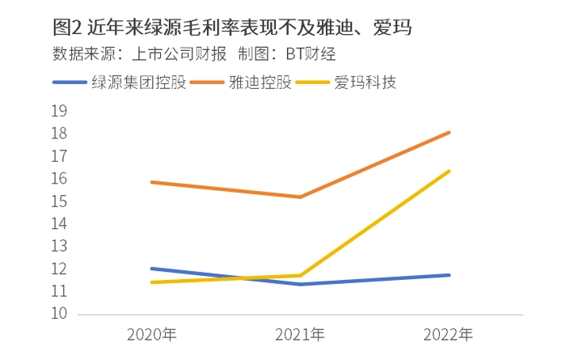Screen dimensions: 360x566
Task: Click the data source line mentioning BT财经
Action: [193, 55]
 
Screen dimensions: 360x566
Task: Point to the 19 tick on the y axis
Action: [58, 112]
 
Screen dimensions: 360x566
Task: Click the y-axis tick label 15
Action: [58, 201]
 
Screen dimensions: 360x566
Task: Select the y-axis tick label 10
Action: [58, 314]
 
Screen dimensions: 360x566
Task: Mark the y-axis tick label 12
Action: [58, 269]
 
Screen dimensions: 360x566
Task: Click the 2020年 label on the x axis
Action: [152, 334]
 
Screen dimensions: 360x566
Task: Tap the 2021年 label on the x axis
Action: [300, 334]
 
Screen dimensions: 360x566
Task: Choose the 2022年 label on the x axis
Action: [449, 334]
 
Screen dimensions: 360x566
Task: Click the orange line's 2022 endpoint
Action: [449, 132]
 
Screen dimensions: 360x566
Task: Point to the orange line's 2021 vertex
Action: [300, 197]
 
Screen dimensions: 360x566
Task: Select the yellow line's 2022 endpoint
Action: [449, 171]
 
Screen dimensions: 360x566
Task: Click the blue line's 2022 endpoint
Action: [449, 275]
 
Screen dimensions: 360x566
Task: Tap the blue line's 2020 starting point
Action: [152, 269]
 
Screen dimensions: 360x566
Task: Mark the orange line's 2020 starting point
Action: [152, 182]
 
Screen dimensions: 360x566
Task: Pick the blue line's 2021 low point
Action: [300, 284]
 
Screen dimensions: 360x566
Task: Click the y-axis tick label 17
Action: [58, 156]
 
